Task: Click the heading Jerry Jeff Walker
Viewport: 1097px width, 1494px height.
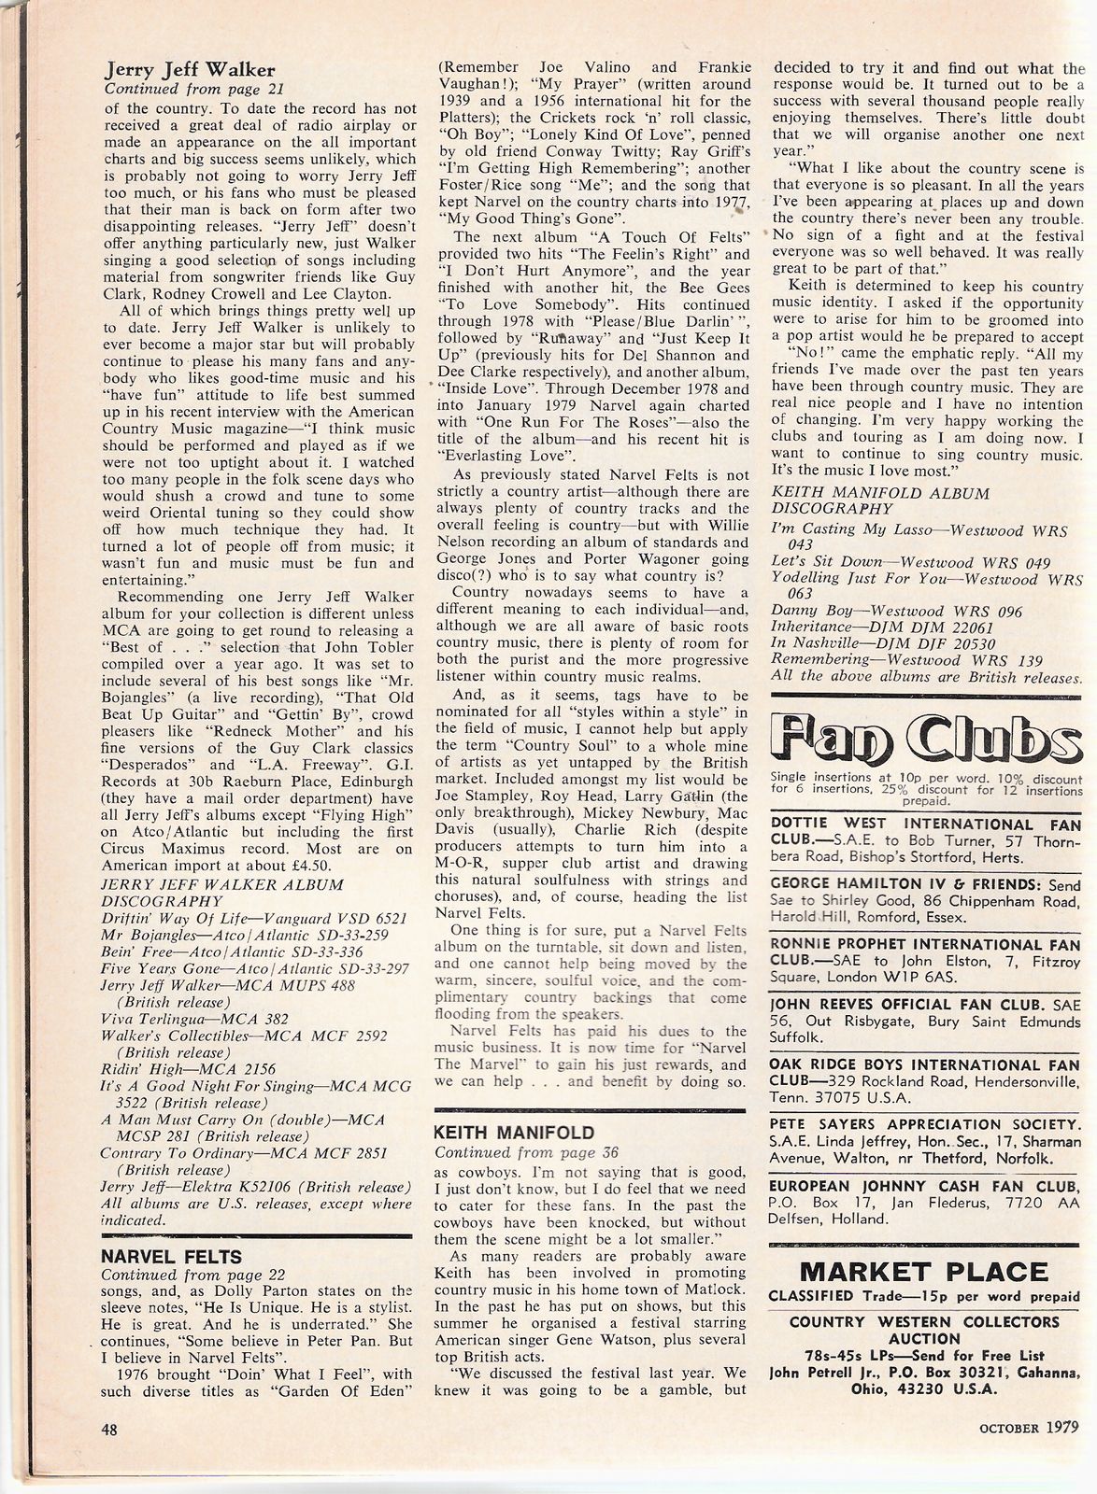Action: pyautogui.click(x=189, y=70)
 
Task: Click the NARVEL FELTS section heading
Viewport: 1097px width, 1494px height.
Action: pyautogui.click(x=171, y=1256)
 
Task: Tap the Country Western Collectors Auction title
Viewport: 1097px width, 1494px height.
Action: pyautogui.click(x=924, y=1322)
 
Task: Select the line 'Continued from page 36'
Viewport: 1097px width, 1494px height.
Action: pyautogui.click(x=526, y=1152)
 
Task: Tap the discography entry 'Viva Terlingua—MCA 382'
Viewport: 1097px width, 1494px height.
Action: pyautogui.click(x=195, y=1019)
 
